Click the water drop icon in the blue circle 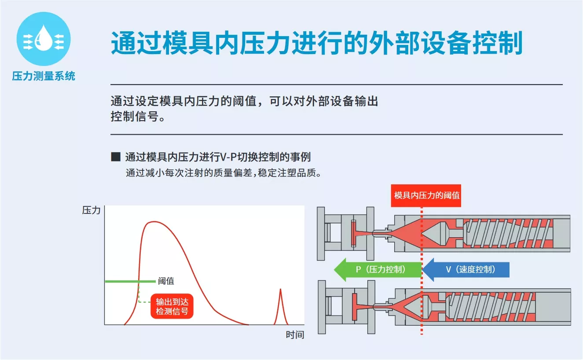(x=44, y=38)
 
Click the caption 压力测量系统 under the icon (x=44, y=76)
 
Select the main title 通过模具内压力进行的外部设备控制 (x=316, y=43)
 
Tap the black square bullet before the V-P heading (x=116, y=157)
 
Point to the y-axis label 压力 (x=91, y=210)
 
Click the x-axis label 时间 (x=295, y=334)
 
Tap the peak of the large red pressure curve (x=154, y=222)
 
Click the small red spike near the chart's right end (x=281, y=307)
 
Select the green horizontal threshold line (x=130, y=281)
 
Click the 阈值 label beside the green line (x=166, y=281)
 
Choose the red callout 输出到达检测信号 (x=172, y=306)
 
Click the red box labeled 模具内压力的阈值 (x=426, y=195)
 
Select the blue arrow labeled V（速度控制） (x=466, y=269)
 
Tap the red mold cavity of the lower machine (x=354, y=307)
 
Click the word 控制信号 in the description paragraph (x=135, y=116)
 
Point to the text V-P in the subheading (x=228, y=157)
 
